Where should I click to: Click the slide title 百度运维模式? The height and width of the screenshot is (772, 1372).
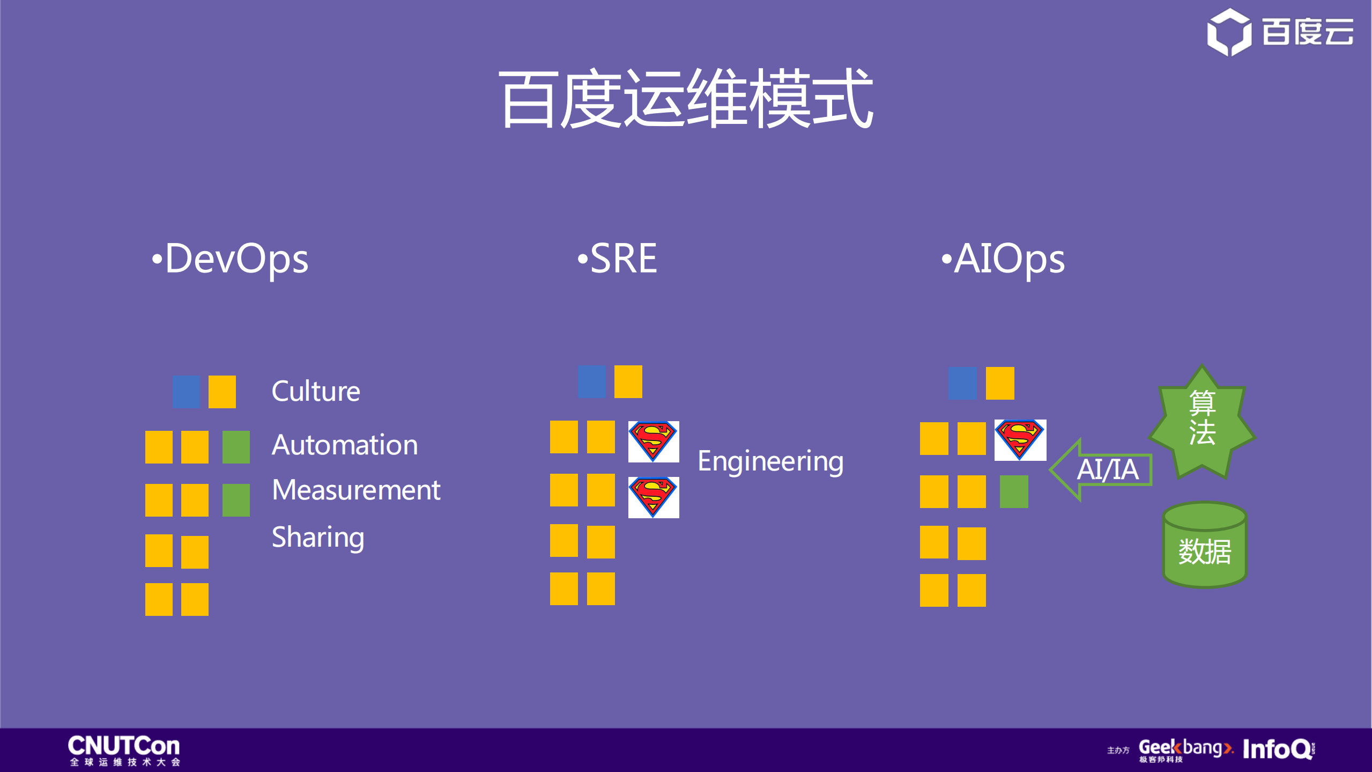(x=686, y=99)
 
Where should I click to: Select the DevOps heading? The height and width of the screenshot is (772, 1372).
(x=231, y=259)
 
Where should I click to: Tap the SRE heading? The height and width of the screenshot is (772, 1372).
(x=618, y=259)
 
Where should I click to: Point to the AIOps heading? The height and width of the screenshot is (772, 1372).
(x=1004, y=259)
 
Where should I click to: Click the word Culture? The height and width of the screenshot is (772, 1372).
(x=316, y=391)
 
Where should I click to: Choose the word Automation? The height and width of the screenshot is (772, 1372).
(x=345, y=445)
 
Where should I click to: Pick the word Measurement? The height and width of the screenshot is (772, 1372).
(x=356, y=490)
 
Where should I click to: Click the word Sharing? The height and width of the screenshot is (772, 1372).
(x=318, y=538)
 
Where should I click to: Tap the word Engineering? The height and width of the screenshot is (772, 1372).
(x=770, y=461)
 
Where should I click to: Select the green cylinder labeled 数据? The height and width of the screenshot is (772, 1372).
(x=1204, y=546)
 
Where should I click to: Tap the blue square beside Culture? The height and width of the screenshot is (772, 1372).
(x=186, y=392)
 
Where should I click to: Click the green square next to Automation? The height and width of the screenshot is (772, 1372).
(x=236, y=447)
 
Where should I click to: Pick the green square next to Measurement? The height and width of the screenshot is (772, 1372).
(x=236, y=500)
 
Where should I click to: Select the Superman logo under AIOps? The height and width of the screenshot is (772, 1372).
(x=1020, y=440)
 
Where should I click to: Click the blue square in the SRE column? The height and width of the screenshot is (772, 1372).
(x=591, y=381)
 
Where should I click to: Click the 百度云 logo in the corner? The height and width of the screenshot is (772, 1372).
(x=1280, y=32)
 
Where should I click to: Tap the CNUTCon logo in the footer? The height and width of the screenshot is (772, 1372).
(x=124, y=750)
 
